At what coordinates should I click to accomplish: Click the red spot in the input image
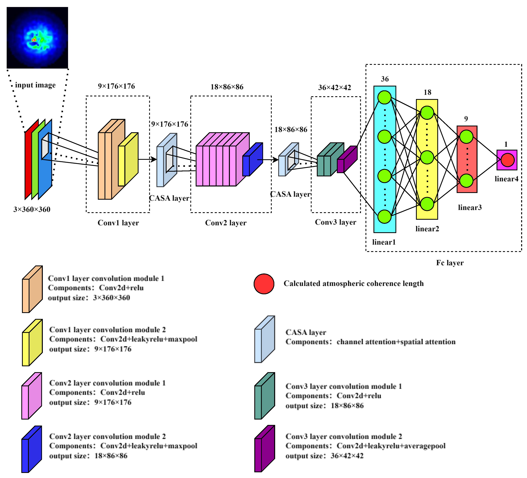[x=34, y=40]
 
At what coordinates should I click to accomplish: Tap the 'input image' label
[x=35, y=85]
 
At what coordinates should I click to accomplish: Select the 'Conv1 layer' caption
[x=118, y=223]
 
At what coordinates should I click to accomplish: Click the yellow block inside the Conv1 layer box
[x=128, y=159]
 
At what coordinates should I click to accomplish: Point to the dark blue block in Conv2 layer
[x=253, y=159]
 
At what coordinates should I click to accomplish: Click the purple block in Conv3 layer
[x=347, y=159]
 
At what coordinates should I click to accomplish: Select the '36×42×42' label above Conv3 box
[x=334, y=88]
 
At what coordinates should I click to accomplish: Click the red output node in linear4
[x=508, y=160]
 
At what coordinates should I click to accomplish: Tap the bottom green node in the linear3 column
[x=466, y=181]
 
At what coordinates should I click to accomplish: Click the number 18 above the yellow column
[x=427, y=92]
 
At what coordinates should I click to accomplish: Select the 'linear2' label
[x=427, y=229]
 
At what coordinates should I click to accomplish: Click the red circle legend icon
[x=264, y=284]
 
